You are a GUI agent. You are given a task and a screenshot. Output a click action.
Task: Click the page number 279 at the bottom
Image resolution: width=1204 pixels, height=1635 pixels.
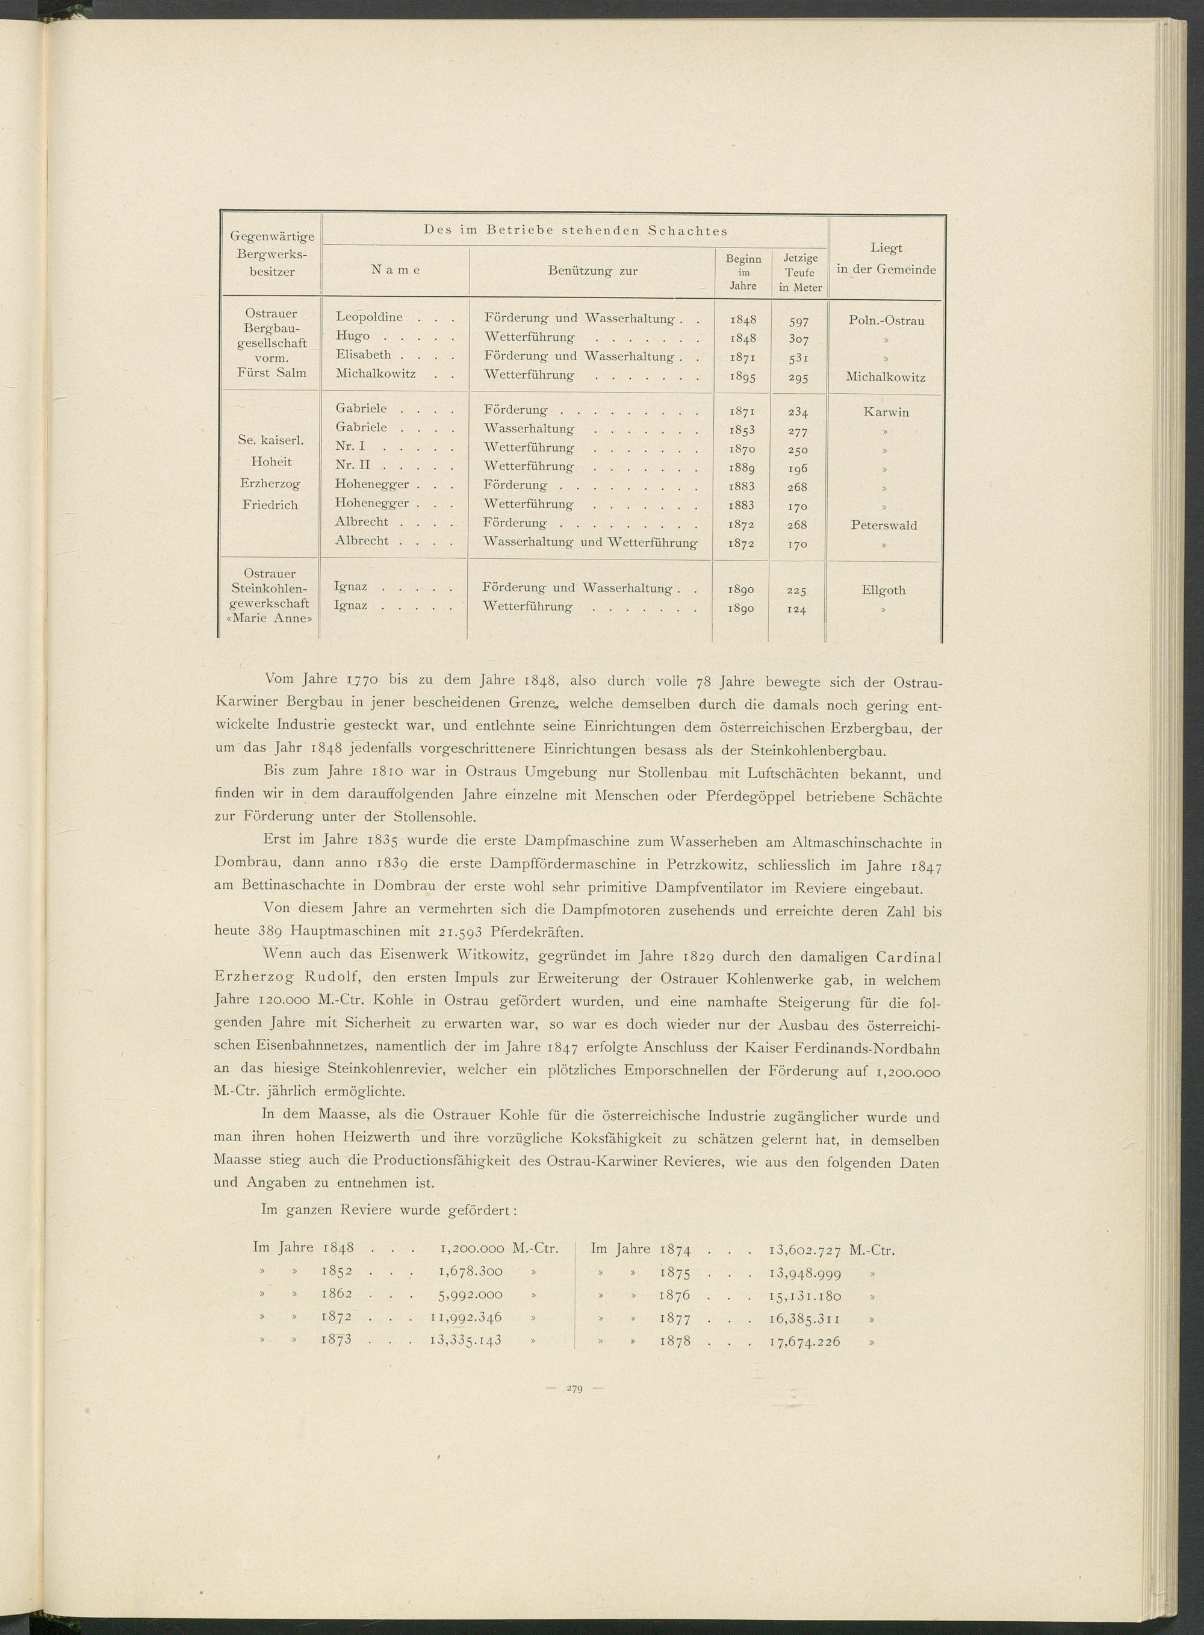click(574, 1607)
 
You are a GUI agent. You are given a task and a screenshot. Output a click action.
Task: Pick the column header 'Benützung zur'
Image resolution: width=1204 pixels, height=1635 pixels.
click(592, 271)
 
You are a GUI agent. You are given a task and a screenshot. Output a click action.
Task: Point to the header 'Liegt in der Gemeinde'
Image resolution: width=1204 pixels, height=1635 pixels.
click(886, 259)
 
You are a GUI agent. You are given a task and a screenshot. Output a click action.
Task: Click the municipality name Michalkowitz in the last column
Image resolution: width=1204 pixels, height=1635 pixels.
click(886, 378)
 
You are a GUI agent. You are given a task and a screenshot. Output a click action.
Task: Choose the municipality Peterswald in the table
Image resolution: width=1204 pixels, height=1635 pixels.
click(884, 525)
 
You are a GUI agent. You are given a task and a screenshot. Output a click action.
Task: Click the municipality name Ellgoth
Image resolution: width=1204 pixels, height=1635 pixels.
click(883, 590)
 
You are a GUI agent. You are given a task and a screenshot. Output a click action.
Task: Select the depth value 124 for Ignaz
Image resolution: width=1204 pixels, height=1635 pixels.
click(796, 609)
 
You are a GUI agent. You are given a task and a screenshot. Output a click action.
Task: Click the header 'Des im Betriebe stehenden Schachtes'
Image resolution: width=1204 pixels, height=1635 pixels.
click(575, 231)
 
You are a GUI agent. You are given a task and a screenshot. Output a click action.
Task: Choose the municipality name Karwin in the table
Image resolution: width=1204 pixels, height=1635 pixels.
click(886, 412)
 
